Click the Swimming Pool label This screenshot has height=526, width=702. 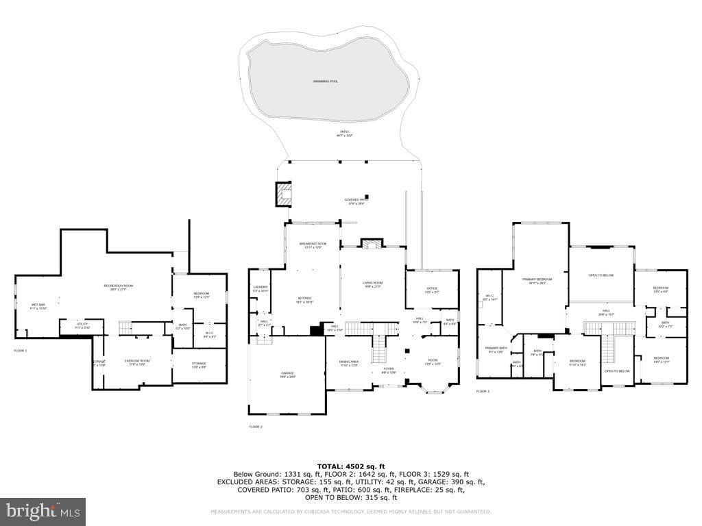click(326, 82)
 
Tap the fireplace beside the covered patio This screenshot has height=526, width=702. click(283, 194)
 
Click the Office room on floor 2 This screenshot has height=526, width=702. click(432, 289)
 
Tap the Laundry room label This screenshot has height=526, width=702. click(260, 288)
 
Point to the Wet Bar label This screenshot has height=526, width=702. click(38, 305)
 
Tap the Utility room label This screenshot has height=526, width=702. click(82, 325)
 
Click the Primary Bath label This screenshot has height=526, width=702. click(496, 349)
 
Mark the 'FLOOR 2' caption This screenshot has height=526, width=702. click(256, 427)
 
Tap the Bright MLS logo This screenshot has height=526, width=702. click(43, 511)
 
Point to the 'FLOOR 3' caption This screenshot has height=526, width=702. click(483, 392)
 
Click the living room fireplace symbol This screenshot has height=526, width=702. click(371, 244)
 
